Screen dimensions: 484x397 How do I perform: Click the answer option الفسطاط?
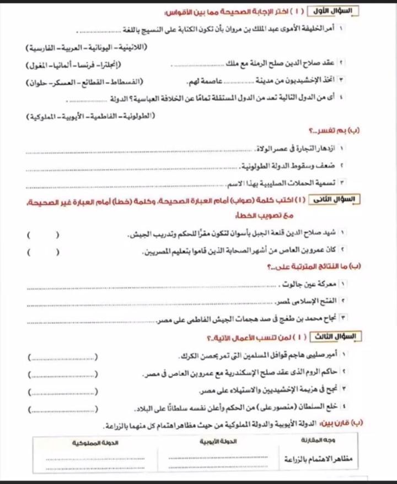126,82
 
